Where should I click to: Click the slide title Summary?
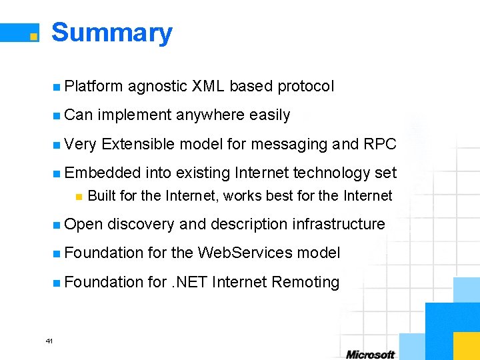[x=111, y=33]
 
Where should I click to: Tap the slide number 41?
[x=49, y=341]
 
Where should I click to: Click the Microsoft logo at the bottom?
[x=370, y=354]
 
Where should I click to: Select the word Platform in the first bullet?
[x=94, y=86]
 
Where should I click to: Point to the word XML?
[x=208, y=86]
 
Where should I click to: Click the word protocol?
[x=305, y=86]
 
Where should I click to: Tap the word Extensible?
[x=139, y=144]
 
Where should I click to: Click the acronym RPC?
[x=380, y=144]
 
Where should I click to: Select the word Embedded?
[x=103, y=173]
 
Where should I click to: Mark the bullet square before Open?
[x=58, y=225]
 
